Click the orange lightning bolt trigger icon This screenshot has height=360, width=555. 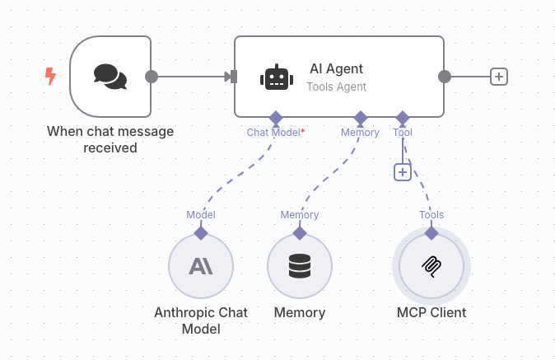[50, 77]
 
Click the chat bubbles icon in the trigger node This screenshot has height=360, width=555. [110, 76]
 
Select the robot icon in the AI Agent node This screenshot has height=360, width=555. [276, 77]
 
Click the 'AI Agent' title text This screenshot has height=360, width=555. [336, 69]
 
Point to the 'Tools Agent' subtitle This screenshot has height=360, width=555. [336, 86]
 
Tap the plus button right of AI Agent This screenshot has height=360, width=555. [498, 77]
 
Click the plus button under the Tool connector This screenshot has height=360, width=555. [402, 171]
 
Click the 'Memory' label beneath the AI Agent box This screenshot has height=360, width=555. [360, 132]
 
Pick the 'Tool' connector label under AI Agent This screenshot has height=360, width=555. [403, 132]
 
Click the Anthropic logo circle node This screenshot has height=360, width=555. [201, 266]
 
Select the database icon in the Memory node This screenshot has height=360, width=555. [300, 266]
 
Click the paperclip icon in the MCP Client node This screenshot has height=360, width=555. [431, 266]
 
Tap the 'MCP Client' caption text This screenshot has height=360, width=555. [431, 313]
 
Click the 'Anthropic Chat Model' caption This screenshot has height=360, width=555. [201, 320]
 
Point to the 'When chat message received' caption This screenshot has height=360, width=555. [110, 139]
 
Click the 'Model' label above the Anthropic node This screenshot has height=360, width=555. [201, 215]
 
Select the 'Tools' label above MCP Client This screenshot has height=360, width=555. [431, 215]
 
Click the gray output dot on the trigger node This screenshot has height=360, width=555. [152, 77]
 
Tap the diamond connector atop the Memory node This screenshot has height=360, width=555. [300, 233]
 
